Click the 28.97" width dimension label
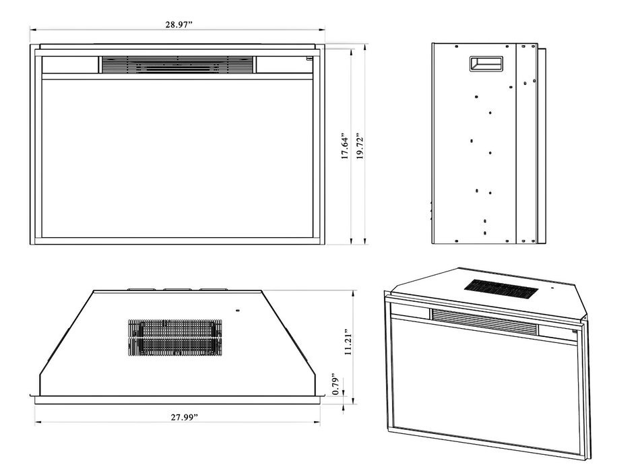click(179, 24)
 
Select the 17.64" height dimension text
click(346, 146)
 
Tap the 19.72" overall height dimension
click(360, 146)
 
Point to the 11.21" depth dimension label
click(348, 342)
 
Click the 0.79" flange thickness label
click(336, 383)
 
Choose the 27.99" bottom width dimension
click(184, 417)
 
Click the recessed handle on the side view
click(486, 64)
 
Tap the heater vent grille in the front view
click(177, 65)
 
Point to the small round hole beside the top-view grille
click(238, 311)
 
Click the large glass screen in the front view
click(178, 158)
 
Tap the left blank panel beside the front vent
click(70, 65)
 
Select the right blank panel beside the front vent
click(285, 65)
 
